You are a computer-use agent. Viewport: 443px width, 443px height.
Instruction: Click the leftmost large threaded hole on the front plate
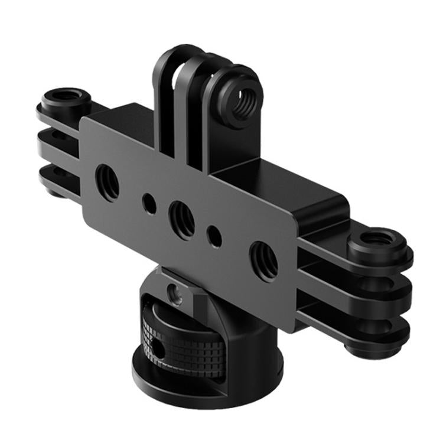pos(107,183)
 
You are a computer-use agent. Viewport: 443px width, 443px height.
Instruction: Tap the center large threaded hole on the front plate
pos(182,219)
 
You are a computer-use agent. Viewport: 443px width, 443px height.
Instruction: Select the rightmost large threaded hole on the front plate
pos(263,259)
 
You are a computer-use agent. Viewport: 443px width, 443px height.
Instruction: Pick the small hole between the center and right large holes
pos(214,236)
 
